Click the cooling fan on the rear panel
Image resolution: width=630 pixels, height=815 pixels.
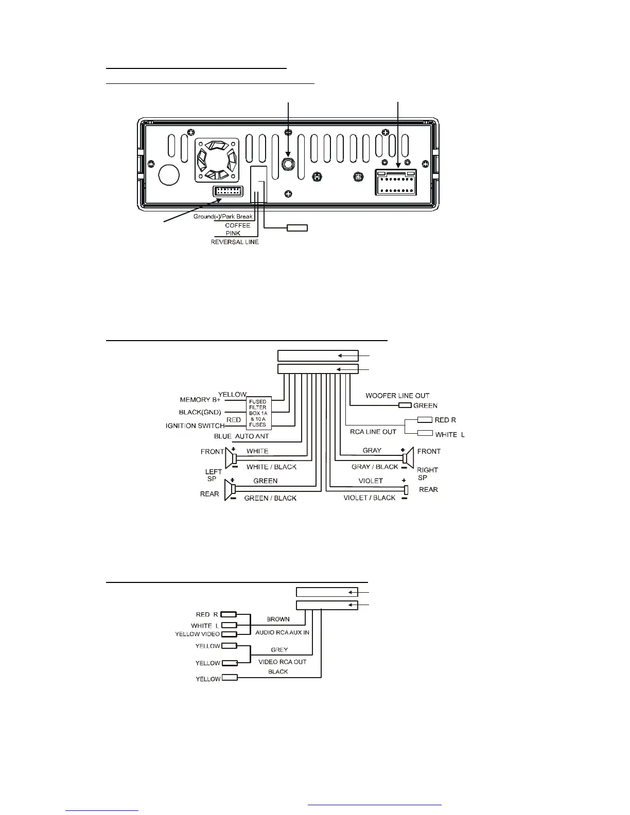[x=216, y=160]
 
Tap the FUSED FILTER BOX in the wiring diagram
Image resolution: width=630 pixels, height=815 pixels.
[x=258, y=413]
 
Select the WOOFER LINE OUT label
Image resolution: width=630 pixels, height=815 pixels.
[x=397, y=396]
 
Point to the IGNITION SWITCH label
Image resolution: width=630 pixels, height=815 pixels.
[x=195, y=426]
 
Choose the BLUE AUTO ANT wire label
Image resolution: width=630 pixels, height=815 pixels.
[x=241, y=436]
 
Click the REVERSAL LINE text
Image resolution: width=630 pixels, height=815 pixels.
[x=235, y=242]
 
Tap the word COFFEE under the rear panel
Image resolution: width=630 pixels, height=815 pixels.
[x=237, y=225]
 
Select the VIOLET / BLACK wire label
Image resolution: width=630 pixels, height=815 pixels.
[x=370, y=498]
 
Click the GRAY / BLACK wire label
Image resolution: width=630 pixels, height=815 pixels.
[x=375, y=467]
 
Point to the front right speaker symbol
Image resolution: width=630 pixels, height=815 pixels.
[x=408, y=458]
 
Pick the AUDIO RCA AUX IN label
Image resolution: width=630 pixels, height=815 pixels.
[x=282, y=632]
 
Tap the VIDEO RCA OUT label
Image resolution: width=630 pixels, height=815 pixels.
[x=282, y=662]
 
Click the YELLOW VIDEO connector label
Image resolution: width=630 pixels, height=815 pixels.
[x=197, y=634]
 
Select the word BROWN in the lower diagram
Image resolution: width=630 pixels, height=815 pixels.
[x=278, y=619]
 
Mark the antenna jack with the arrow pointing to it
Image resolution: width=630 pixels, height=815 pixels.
[x=288, y=164]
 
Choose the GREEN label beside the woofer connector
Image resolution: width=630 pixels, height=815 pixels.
[x=425, y=405]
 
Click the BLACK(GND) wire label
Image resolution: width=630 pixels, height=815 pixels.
[x=200, y=412]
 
